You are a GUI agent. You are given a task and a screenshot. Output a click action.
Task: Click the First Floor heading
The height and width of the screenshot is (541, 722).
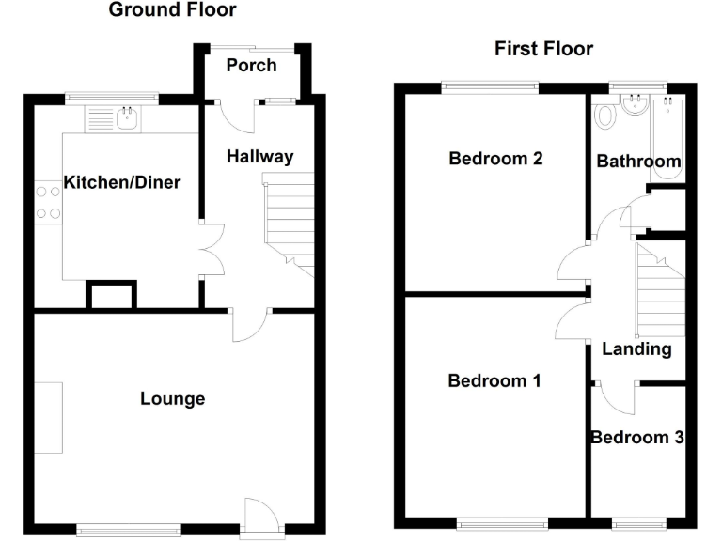[x=544, y=49]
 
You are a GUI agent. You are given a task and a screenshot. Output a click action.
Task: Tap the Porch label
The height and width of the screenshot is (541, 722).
[x=252, y=65]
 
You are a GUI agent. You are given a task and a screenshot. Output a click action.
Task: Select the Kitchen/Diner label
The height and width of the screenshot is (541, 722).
[x=122, y=181]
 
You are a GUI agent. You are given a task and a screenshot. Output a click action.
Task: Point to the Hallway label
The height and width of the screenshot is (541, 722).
[x=260, y=157]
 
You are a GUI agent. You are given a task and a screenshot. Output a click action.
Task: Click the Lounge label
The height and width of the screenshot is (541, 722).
[x=173, y=399]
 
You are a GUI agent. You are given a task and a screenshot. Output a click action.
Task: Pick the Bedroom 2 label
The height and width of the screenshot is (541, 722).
[x=495, y=158]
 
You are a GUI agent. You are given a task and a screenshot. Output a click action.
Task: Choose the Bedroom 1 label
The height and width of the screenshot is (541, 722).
[x=494, y=380]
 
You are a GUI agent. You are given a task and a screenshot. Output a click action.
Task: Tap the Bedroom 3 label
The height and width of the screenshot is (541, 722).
[x=637, y=438]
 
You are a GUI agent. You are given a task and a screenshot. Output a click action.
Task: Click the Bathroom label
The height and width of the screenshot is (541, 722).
[x=639, y=162]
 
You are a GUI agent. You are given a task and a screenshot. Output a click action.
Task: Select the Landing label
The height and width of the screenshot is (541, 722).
[x=637, y=349]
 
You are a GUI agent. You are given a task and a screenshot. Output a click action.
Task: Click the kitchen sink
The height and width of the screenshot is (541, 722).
[x=127, y=118]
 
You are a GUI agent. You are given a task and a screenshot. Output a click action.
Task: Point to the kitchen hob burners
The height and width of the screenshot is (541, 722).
[x=44, y=202]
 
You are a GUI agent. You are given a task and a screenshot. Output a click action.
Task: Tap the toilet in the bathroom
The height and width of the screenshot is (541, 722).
[x=605, y=116]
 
